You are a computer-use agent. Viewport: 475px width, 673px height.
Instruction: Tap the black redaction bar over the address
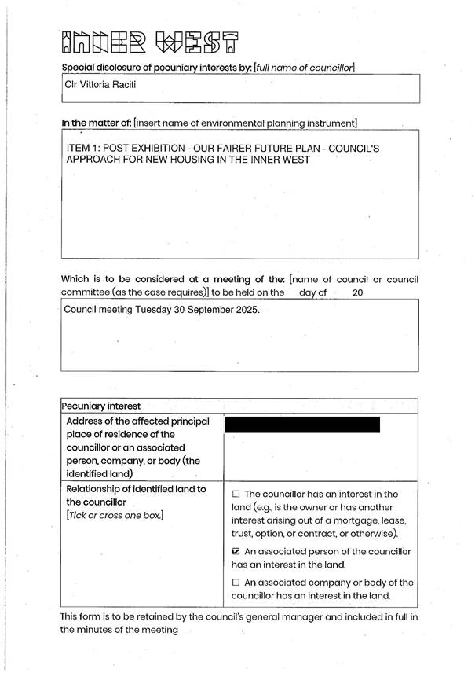(x=302, y=425)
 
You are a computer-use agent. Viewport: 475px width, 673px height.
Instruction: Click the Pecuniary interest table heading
(x=101, y=406)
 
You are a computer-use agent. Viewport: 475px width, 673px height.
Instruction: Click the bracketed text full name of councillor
(x=304, y=68)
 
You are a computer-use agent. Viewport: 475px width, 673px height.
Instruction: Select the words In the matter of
(x=96, y=123)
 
